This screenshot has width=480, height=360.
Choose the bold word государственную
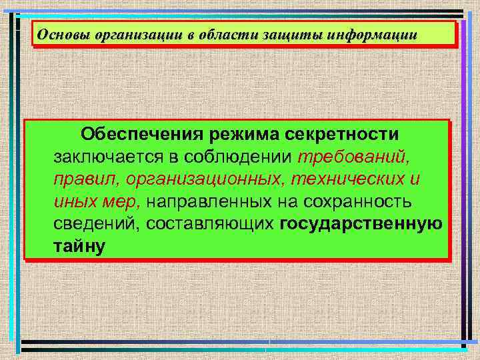(361, 225)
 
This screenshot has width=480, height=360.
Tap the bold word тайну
(79, 247)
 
